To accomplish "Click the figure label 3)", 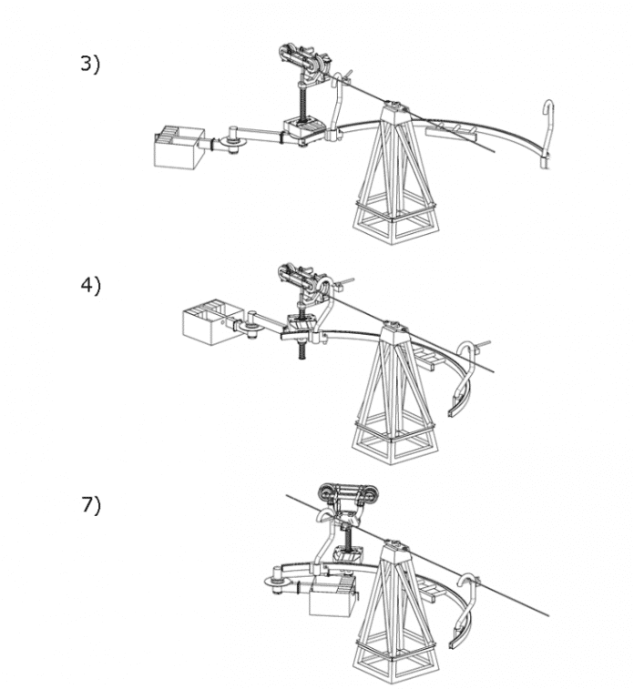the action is [90, 64].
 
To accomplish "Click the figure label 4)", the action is [90, 286].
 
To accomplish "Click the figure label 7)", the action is [91, 504].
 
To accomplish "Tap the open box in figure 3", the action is [179, 147].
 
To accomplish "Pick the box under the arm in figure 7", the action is [332, 597].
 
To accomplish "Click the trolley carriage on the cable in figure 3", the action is [304, 59].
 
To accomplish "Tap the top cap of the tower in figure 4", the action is [394, 327].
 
